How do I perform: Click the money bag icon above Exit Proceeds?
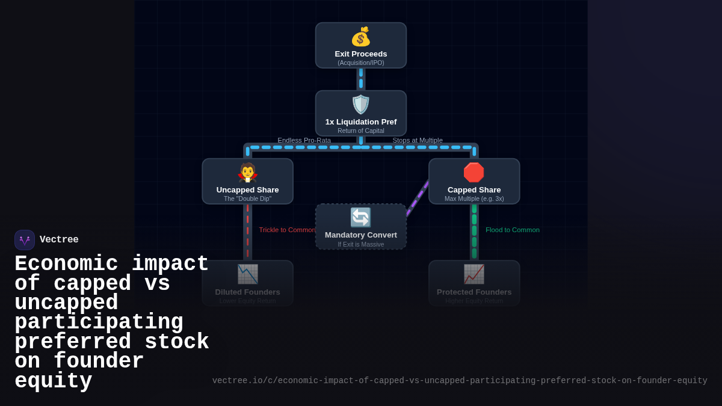coord(360,37)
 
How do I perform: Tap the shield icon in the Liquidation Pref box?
coord(360,105)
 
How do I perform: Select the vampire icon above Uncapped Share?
coord(247,173)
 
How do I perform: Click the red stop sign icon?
coord(474,173)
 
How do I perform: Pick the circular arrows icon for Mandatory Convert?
coord(360,217)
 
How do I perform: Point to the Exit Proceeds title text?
coord(360,54)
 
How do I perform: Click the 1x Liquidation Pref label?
coord(360,121)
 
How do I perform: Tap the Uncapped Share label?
coord(247,189)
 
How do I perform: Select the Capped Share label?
coord(474,189)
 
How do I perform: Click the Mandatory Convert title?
coord(360,235)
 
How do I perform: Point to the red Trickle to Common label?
coord(287,230)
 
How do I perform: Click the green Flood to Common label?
coord(512,230)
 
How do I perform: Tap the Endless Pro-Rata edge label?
coord(304,140)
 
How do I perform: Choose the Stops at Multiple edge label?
coord(418,140)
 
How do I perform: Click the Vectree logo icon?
coord(25,240)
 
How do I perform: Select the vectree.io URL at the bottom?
coord(459,381)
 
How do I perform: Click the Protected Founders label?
coord(474,292)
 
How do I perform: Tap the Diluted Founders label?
coord(247,292)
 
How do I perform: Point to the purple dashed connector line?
coord(418,197)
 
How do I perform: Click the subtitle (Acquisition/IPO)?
coord(360,63)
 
